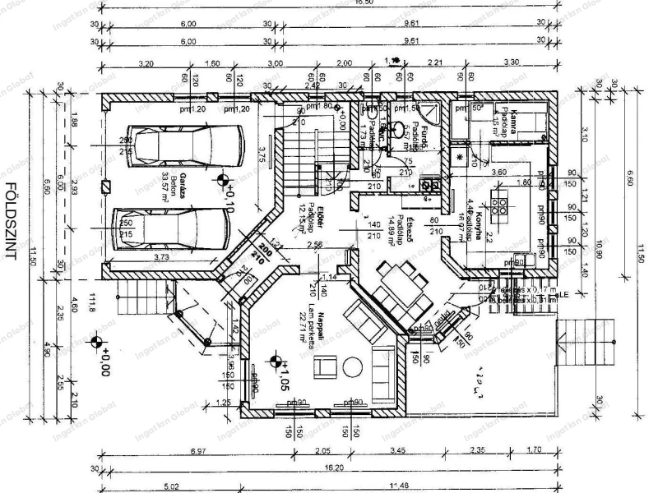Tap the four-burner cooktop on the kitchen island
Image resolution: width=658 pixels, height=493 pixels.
click(x=498, y=198)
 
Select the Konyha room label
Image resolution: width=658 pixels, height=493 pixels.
click(x=475, y=213)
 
